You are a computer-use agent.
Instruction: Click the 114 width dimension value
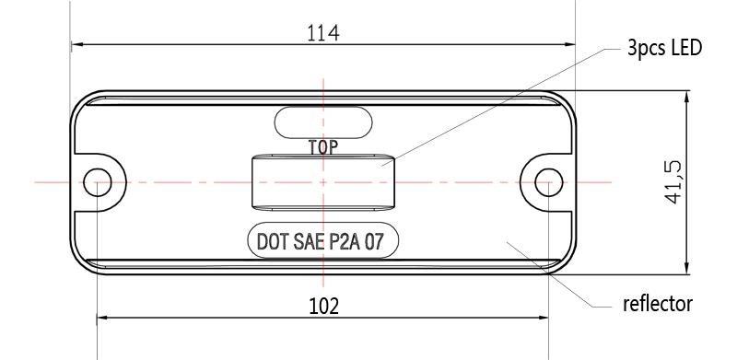coord(323,33)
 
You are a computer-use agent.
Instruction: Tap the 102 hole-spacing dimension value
coord(323,307)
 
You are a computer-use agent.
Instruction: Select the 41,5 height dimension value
coord(674,182)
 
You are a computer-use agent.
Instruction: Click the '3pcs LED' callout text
coord(664,48)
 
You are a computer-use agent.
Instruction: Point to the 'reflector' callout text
coord(658,304)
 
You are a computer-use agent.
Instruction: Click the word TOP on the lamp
coord(323,147)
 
